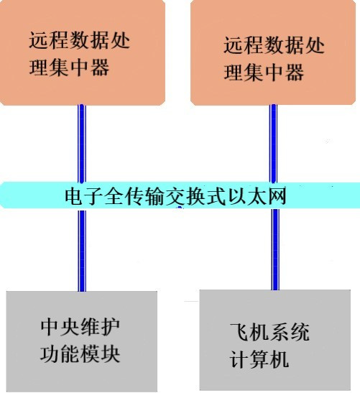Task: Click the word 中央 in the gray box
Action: point(60,327)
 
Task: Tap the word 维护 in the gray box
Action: point(100,327)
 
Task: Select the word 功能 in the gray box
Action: point(60,353)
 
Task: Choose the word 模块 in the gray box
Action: point(100,353)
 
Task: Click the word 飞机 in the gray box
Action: point(249,332)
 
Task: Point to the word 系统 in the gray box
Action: point(290,332)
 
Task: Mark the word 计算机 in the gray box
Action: point(259,359)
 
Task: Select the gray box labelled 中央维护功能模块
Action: point(82,341)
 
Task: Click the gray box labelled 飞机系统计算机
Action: point(275,340)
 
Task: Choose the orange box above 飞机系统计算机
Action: point(273,52)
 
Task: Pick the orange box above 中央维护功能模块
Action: point(83,52)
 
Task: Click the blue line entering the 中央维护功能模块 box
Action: point(82,250)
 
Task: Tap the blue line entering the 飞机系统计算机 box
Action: point(275,249)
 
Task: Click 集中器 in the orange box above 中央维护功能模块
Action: point(79,68)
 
